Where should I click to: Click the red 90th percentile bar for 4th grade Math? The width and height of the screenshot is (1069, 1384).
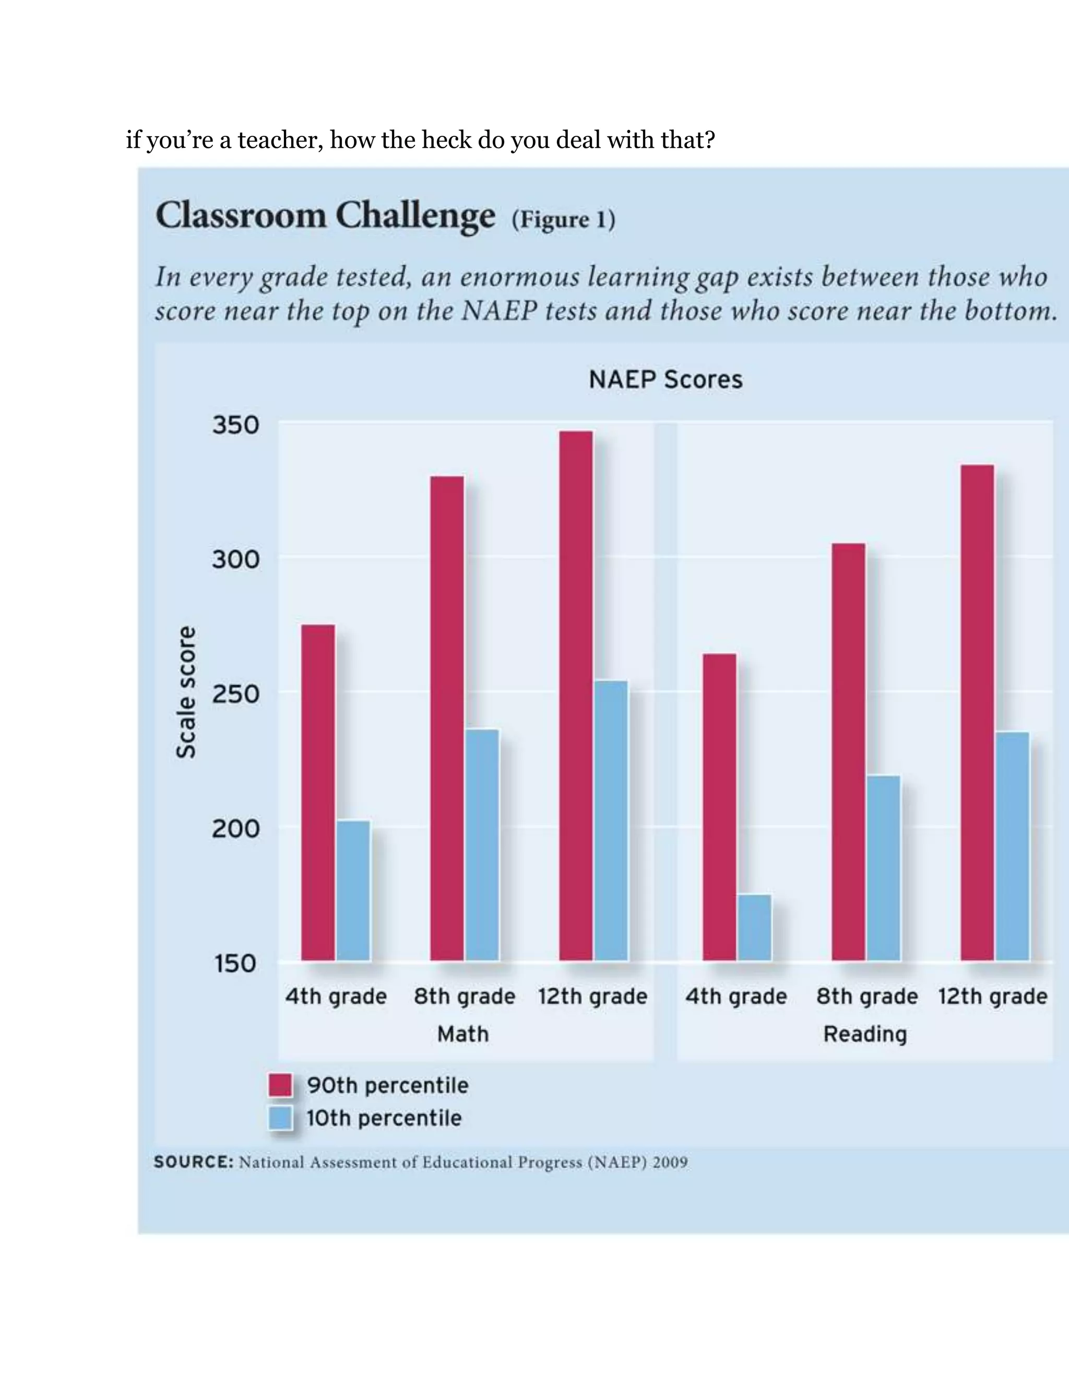318,792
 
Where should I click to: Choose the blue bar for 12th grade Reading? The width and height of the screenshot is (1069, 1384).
1012,846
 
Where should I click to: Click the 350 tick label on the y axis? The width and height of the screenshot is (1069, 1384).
235,425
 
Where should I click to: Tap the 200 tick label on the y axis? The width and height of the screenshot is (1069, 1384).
235,828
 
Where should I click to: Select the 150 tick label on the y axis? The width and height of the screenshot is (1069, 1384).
235,963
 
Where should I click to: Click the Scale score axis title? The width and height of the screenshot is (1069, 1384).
185,692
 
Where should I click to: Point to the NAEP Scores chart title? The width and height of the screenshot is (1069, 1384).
665,380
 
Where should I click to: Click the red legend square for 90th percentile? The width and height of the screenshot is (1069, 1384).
280,1085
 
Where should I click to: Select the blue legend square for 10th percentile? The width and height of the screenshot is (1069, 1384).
280,1118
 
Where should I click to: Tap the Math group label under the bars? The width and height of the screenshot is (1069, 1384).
463,1034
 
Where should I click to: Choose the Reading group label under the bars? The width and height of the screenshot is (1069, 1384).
864,1034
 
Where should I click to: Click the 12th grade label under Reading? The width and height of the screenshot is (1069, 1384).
992,997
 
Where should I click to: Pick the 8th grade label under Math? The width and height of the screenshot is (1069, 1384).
464,997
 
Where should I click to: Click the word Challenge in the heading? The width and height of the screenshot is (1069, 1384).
415,216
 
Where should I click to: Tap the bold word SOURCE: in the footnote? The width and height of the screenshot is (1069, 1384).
194,1162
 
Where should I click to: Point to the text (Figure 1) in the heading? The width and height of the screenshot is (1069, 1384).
563,220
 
